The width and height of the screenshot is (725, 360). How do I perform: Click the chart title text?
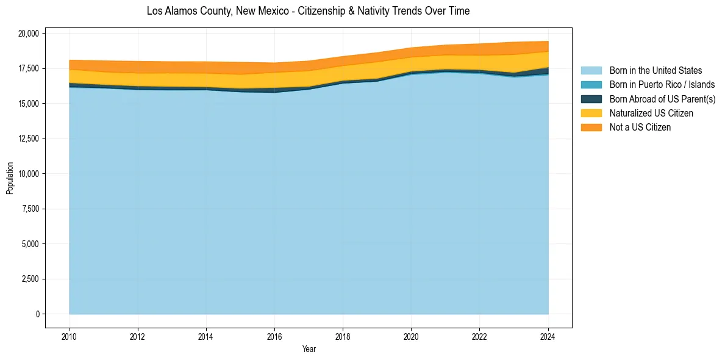pyautogui.click(x=308, y=11)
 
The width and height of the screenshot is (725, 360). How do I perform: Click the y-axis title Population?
pyautogui.click(x=10, y=178)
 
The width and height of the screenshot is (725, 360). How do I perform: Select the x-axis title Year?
pyautogui.click(x=309, y=349)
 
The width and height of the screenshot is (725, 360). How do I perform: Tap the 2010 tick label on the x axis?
pyautogui.click(x=70, y=336)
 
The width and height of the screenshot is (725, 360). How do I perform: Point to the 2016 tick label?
pyautogui.click(x=274, y=336)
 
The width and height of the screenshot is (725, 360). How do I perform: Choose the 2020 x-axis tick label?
pyautogui.click(x=411, y=336)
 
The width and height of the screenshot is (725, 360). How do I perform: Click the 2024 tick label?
pyautogui.click(x=548, y=336)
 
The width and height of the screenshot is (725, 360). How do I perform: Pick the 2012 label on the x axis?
pyautogui.click(x=138, y=336)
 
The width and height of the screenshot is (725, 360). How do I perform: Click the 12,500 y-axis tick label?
pyautogui.click(x=29, y=139)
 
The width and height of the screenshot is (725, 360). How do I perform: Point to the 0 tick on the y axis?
pyautogui.click(x=37, y=314)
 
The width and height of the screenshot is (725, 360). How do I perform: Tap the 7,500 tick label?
pyautogui.click(x=30, y=209)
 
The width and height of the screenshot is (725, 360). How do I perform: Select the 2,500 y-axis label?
pyautogui.click(x=30, y=279)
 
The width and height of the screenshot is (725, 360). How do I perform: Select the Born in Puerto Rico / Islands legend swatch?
pyautogui.click(x=591, y=85)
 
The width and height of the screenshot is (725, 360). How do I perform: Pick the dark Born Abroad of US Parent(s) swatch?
pyautogui.click(x=591, y=99)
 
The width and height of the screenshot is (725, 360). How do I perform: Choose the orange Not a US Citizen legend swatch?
pyautogui.click(x=591, y=127)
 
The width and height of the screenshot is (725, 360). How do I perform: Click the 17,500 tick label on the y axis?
pyautogui.click(x=29, y=68)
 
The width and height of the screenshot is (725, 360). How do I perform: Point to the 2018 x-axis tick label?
pyautogui.click(x=343, y=336)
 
